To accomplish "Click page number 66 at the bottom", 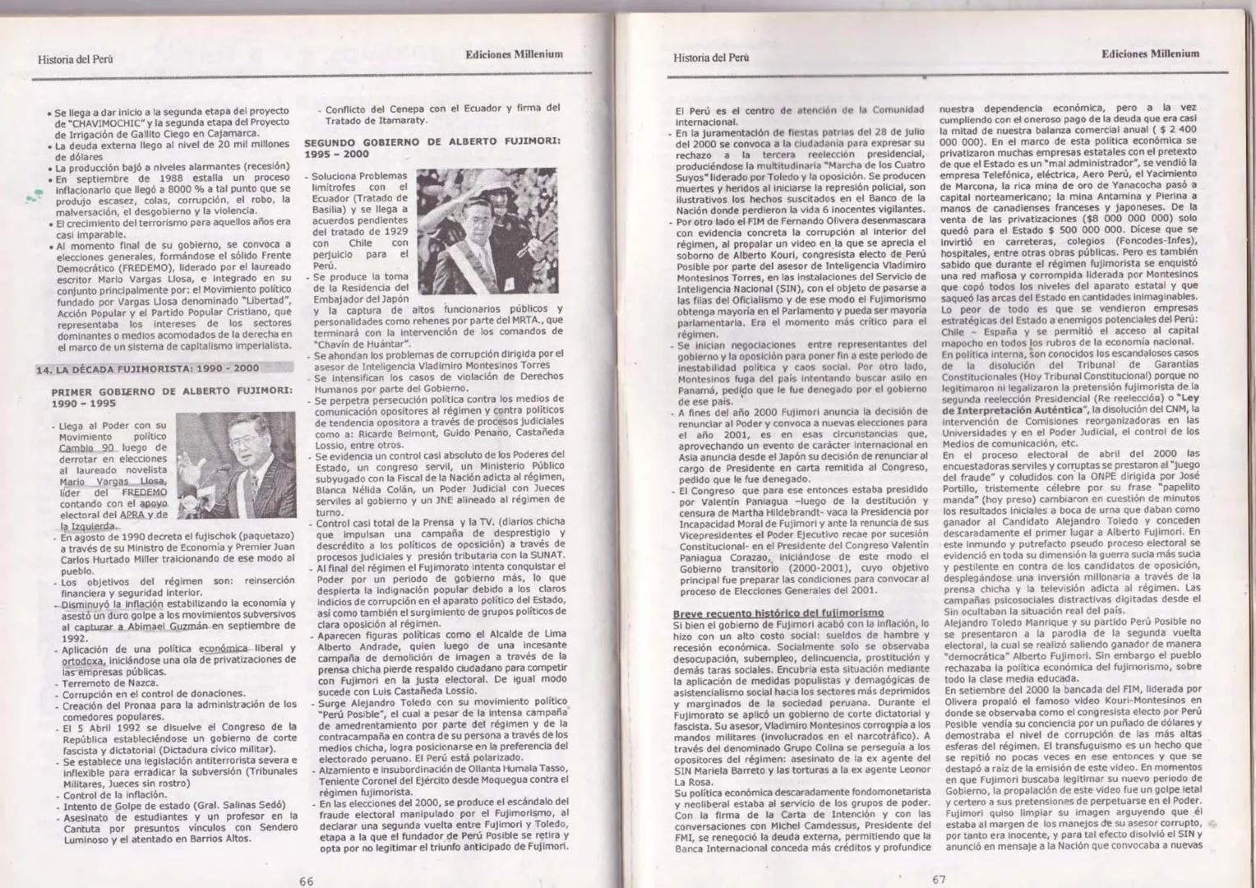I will [306, 880].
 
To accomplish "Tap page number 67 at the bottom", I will [939, 878].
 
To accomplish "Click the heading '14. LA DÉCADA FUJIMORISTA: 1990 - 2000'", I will [147, 369].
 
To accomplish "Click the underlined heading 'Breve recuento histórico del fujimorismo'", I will [778, 613].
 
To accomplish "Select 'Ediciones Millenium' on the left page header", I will [514, 54].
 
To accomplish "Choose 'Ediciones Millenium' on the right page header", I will [1150, 54].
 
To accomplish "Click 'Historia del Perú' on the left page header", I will [75, 59].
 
